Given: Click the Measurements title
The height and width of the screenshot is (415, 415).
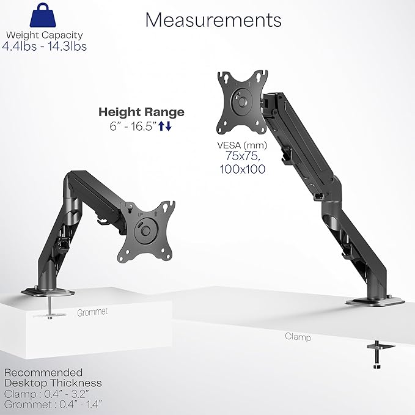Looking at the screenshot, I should pos(213,20).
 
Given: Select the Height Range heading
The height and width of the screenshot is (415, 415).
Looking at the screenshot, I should pos(141,112).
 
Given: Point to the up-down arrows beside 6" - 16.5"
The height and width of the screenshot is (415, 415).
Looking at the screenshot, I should pos(165,126).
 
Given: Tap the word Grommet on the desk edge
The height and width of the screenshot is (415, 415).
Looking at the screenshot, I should pos(92,312).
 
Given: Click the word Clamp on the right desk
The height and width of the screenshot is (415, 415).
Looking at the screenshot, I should pos(298,337).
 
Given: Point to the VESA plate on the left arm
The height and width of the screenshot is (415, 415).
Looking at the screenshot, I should pos(146,230).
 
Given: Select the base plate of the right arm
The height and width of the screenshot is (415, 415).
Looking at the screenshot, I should pos(374,301).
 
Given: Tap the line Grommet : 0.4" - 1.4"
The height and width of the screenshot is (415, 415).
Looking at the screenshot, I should pos(53,404).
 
